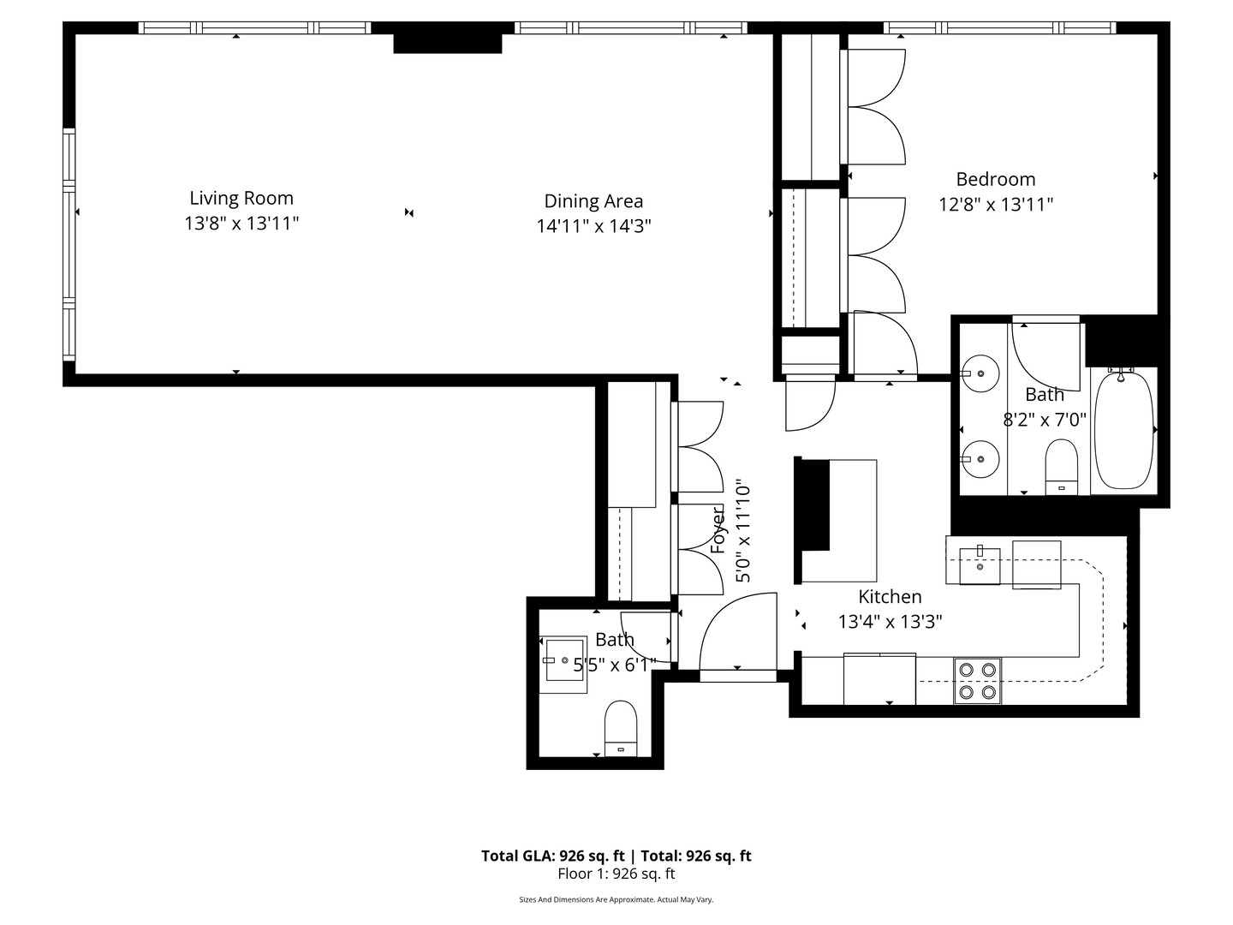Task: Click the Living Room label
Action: click(241, 198)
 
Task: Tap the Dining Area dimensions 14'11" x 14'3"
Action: click(593, 226)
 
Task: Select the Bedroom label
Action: click(995, 179)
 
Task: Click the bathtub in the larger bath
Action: click(1123, 431)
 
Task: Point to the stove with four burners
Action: click(978, 680)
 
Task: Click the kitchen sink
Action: click(980, 566)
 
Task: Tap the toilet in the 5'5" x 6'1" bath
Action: click(621, 728)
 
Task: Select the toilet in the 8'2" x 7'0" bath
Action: click(1062, 467)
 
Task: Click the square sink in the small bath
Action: click(566, 661)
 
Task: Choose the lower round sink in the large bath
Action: click(981, 459)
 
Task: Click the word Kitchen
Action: click(890, 597)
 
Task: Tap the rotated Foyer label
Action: click(719, 531)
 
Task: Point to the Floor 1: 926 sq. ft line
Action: click(616, 874)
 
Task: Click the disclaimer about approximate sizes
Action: click(616, 899)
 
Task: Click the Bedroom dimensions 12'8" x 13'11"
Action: click(995, 205)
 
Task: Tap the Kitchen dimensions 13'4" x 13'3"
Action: click(890, 622)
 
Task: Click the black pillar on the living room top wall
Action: click(447, 43)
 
